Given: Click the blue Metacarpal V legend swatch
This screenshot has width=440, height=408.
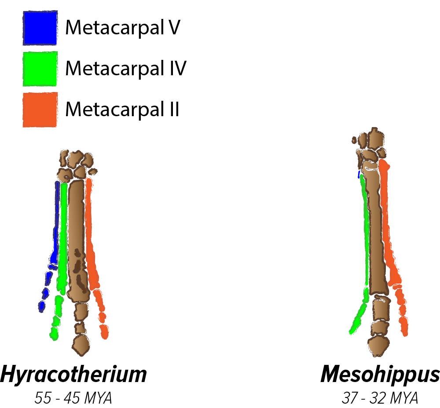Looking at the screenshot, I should [40, 28].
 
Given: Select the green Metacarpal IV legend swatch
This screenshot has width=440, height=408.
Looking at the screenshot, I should [40, 69].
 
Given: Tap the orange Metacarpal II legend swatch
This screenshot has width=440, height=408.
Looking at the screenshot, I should [40, 110].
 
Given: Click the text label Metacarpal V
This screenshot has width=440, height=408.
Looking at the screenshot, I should [123, 28].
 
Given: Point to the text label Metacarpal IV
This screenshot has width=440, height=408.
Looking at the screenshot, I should [126, 69].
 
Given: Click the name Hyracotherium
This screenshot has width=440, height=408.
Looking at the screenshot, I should [73, 375].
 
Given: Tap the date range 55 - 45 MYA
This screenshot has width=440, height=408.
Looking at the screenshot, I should [73, 398].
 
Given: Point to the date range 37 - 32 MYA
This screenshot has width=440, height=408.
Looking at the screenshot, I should [380, 398].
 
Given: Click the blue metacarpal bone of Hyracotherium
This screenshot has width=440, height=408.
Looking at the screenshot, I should [55, 220].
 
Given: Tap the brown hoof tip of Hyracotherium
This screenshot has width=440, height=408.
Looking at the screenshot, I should [80, 345].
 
